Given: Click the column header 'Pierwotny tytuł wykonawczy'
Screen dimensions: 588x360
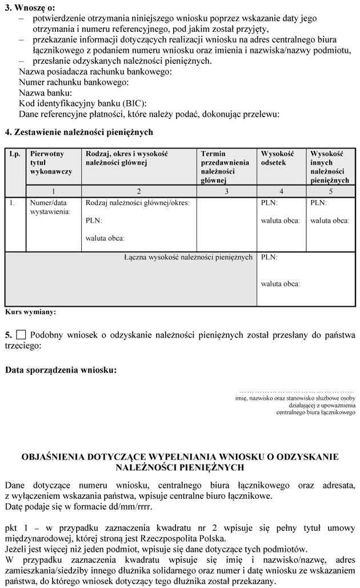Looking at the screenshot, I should point(51,162).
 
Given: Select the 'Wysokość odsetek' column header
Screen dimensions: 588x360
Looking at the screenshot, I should point(277,158).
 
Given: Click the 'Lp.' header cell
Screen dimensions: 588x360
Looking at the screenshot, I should point(15,154).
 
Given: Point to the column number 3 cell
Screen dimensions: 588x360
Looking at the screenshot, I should point(226,191).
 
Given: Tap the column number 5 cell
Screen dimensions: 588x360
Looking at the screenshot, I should point(330,191).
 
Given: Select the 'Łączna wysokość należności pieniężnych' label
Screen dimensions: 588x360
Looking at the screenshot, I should point(188,257).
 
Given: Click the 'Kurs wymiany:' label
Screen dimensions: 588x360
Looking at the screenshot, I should point(30,313).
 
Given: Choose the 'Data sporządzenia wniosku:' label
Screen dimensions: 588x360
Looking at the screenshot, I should point(61,370).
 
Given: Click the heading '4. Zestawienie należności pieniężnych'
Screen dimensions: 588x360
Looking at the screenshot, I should point(79,132).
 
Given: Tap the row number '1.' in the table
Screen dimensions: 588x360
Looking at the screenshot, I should point(13,202).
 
